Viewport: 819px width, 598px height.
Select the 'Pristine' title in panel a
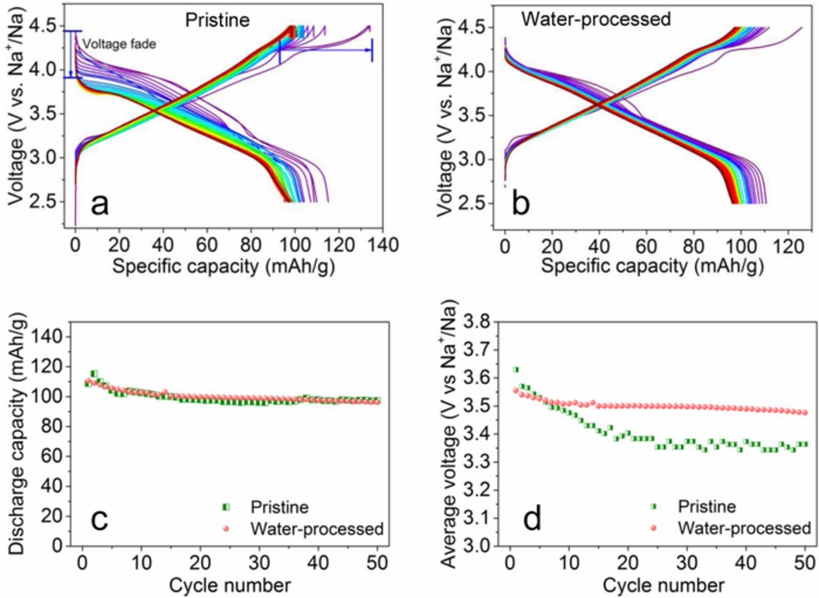[x=217, y=20]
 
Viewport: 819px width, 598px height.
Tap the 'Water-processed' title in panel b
[x=596, y=19]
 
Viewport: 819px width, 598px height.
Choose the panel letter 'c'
[x=99, y=519]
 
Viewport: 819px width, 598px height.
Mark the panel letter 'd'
[x=532, y=519]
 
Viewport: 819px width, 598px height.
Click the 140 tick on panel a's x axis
[x=382, y=245]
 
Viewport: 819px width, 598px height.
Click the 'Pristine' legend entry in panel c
[x=280, y=508]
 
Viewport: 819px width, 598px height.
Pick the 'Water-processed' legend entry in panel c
[x=317, y=529]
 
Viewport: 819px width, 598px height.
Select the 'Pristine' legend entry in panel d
[x=706, y=507]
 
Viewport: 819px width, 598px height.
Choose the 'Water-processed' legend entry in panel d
[x=744, y=528]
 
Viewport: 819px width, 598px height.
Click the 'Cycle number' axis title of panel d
[x=663, y=567]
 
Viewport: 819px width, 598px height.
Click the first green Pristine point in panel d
[x=516, y=369]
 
